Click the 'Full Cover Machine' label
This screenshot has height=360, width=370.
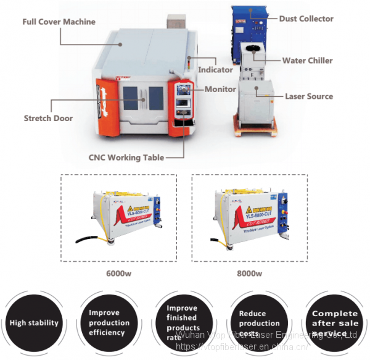point(59,22)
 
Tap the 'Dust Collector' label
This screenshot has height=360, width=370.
point(306,19)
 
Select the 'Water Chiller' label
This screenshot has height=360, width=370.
point(307,61)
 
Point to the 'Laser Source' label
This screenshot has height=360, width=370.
point(308,96)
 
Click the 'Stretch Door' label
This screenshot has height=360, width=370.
point(48,118)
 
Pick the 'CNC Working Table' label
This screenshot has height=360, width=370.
point(126,157)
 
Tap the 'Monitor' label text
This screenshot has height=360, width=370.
point(220,89)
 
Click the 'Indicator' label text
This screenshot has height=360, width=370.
point(215,70)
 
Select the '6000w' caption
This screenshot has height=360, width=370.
point(117,274)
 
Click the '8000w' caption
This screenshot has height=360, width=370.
point(249,274)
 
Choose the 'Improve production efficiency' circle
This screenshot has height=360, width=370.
point(109,322)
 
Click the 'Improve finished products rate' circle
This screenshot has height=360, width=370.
point(183,322)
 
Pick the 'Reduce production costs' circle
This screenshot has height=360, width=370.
point(260,322)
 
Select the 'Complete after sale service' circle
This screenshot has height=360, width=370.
point(334,322)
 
